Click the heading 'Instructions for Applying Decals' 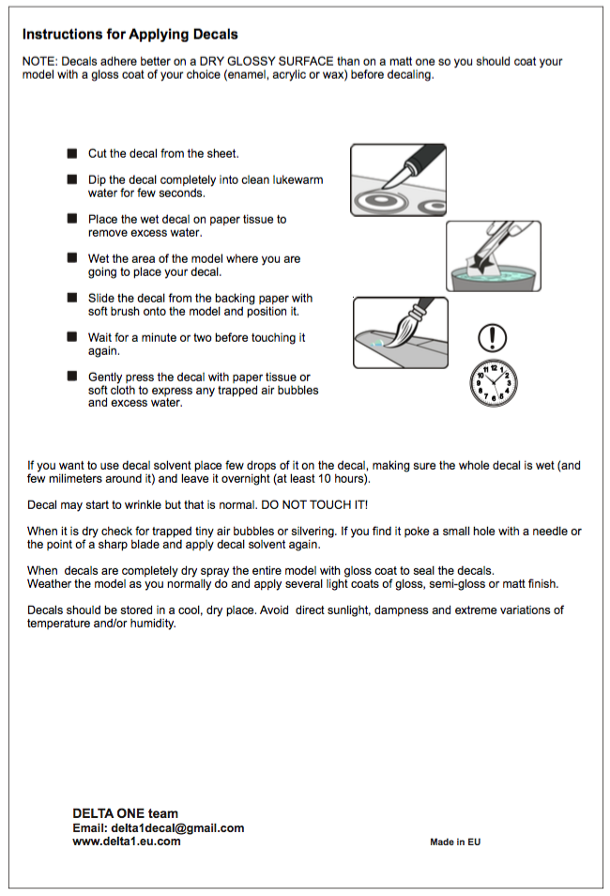[130, 35]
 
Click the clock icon [493, 383]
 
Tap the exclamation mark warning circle [493, 337]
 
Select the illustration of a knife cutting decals [397, 179]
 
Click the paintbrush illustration [401, 332]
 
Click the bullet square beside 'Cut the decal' [72, 153]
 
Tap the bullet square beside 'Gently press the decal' [72, 377]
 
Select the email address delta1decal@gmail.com [177, 827]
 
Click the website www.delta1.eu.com [127, 842]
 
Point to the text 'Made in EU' [455, 842]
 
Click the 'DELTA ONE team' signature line [125, 813]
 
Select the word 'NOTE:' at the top [39, 62]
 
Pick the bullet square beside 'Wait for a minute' [72, 337]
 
